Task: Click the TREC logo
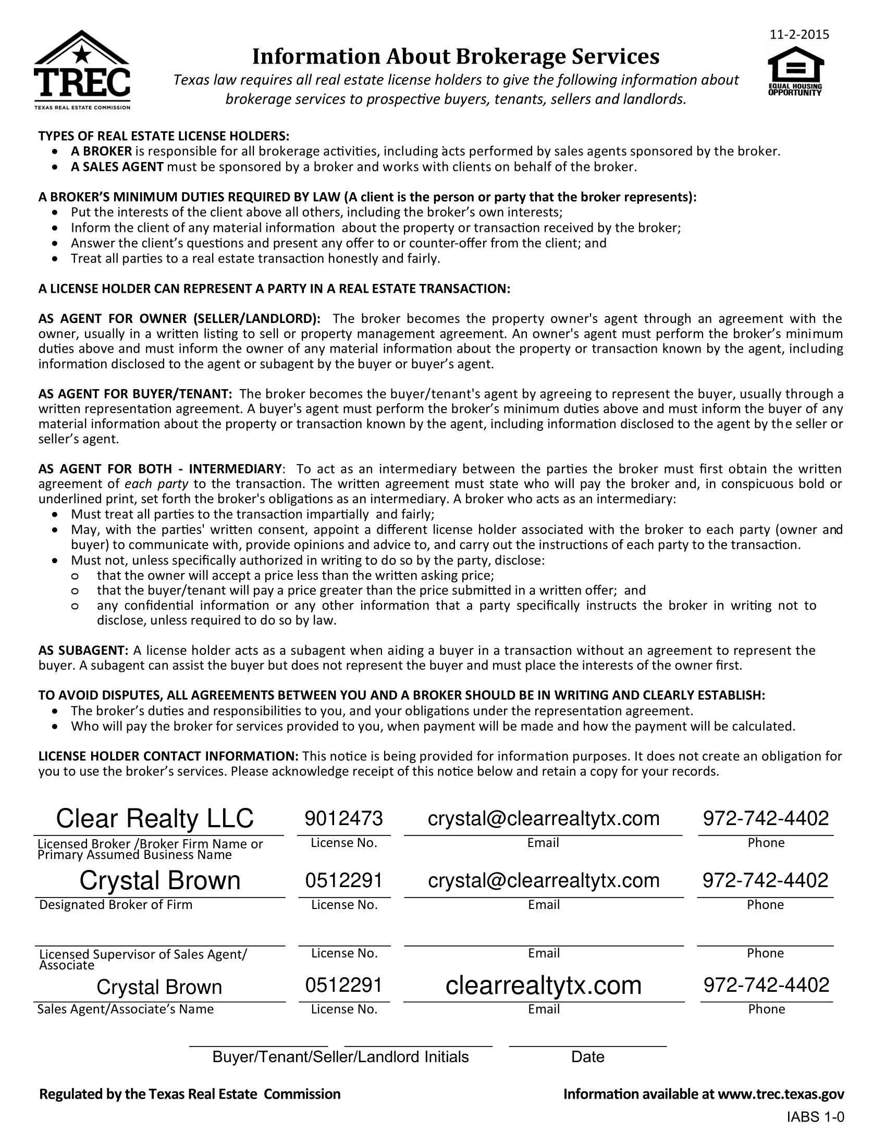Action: (x=82, y=70)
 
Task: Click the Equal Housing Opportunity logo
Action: (x=795, y=71)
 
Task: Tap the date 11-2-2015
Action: (x=799, y=34)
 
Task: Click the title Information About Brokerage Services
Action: (x=456, y=57)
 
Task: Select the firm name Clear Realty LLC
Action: (x=155, y=818)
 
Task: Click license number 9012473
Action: (x=344, y=818)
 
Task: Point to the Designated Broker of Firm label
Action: (x=116, y=904)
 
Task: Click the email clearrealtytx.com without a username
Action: (x=543, y=985)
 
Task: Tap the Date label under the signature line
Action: (x=587, y=1056)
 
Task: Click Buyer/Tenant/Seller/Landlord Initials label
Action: (x=340, y=1056)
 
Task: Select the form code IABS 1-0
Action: (x=815, y=1117)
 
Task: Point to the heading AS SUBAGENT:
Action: (x=83, y=651)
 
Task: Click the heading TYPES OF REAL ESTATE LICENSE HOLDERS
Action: (x=164, y=136)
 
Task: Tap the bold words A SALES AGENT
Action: (x=118, y=167)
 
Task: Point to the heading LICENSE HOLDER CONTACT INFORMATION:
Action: (x=168, y=756)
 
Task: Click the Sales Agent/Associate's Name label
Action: (x=125, y=1008)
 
